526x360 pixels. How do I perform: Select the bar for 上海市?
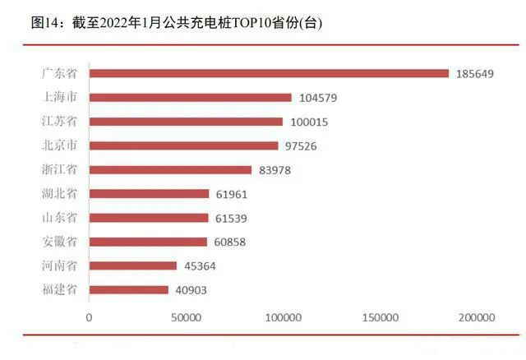(190, 98)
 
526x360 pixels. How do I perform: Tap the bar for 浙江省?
(170, 170)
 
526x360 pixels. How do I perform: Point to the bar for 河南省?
(132, 265)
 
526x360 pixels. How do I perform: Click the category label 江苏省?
(59, 122)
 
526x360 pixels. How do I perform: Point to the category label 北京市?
(59, 145)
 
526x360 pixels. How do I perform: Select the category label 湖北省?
(59, 194)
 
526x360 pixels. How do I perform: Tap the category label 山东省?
(59, 218)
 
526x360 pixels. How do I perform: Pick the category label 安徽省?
(59, 242)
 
